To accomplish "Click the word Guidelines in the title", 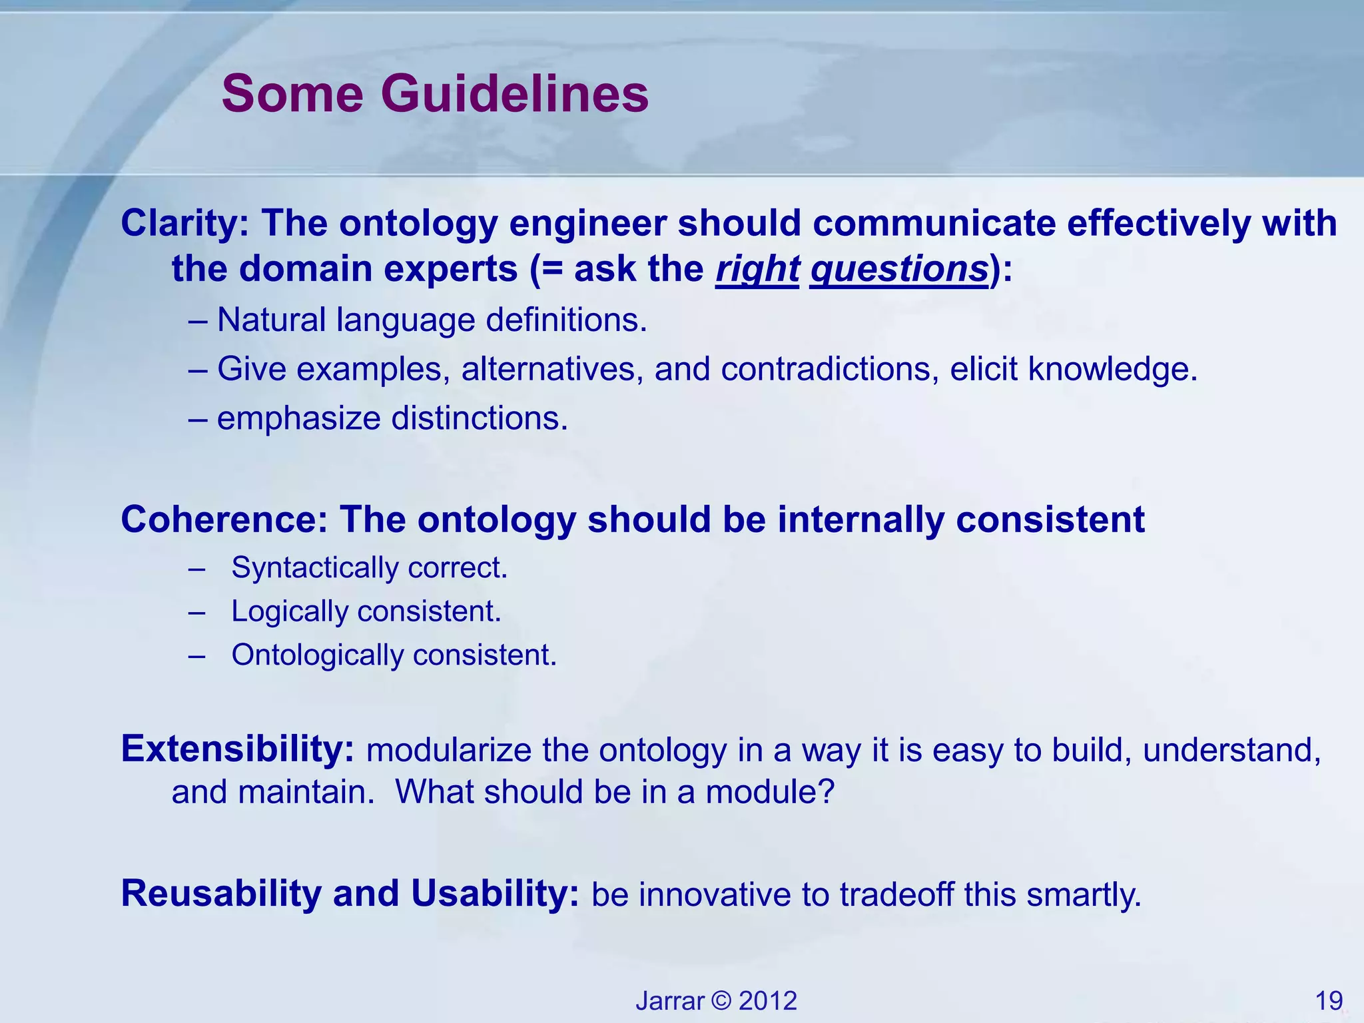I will tap(514, 94).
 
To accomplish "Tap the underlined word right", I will tap(757, 270).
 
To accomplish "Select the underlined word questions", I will tap(899, 270).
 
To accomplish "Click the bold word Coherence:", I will tap(224, 519).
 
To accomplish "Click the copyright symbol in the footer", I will tap(721, 1001).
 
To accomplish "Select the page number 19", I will tap(1329, 1001).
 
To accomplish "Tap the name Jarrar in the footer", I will tap(669, 1001).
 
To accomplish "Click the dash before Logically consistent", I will tap(196, 611).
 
